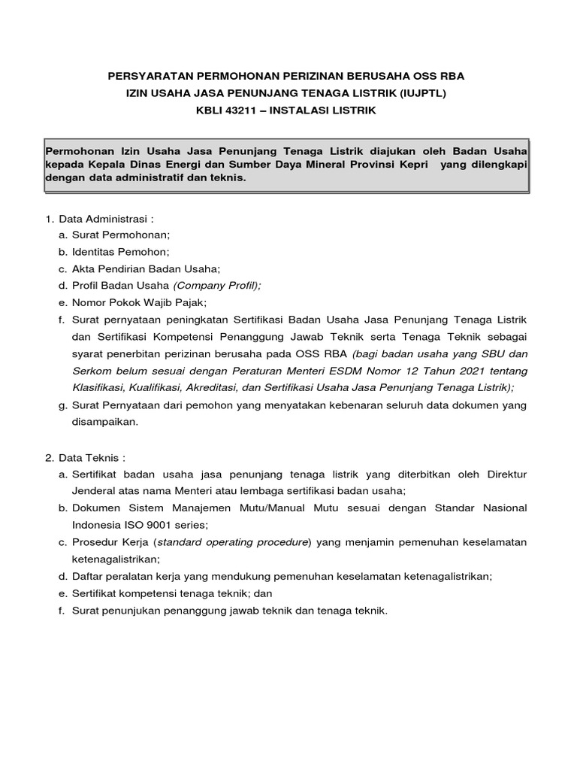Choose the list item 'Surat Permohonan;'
121,235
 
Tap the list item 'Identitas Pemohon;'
120,252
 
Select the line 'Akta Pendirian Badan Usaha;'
146,268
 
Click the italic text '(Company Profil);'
216,285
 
